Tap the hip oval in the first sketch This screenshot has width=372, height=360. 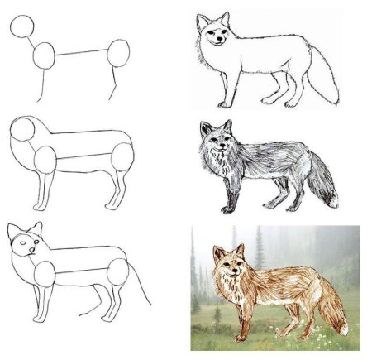119,55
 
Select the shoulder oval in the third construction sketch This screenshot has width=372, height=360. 46,272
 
